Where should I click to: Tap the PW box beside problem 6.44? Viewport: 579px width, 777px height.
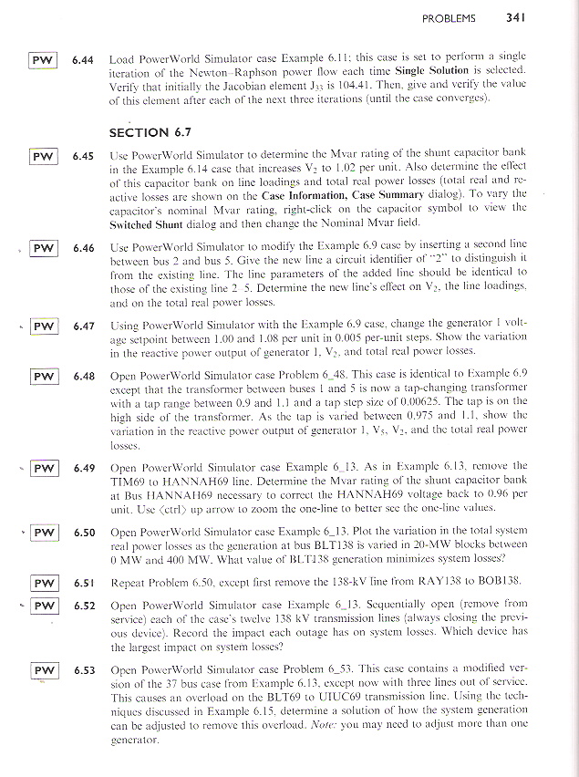tap(42, 60)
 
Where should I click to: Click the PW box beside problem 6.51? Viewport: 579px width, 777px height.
tap(42, 583)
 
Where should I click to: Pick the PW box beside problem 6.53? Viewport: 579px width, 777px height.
tap(42, 670)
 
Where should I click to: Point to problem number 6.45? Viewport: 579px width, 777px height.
tap(85, 156)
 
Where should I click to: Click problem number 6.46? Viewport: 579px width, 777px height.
tap(85, 248)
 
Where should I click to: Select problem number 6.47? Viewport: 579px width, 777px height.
tap(85, 325)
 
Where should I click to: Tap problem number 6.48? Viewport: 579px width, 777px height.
tap(85, 376)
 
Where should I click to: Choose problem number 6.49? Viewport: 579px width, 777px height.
tap(85, 467)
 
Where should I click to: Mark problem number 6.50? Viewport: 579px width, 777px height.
tap(85, 531)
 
